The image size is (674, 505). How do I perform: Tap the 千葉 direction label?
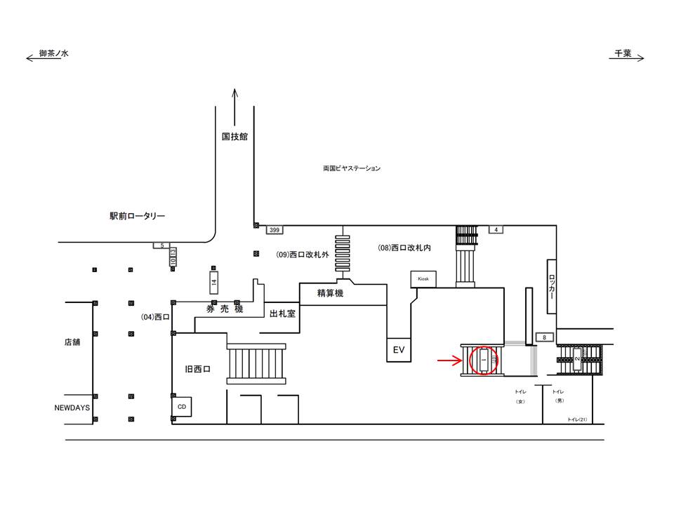coord(623,53)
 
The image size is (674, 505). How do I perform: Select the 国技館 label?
coord(234,137)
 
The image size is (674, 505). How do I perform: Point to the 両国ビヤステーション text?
coord(352,168)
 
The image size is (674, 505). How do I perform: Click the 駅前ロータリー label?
coord(137,217)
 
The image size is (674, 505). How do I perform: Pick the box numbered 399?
coord(275,229)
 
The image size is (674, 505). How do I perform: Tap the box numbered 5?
coord(161,245)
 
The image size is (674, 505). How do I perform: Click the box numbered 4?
coord(496,229)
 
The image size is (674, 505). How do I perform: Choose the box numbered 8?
coord(544,337)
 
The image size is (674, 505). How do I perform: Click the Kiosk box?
coord(424,278)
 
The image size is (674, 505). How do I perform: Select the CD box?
coord(181,405)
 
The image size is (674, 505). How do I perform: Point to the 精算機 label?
coord(330,293)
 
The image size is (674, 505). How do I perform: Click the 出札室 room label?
coord(282,314)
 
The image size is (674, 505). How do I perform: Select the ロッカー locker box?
coord(552,287)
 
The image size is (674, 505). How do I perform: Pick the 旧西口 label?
coord(198,367)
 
